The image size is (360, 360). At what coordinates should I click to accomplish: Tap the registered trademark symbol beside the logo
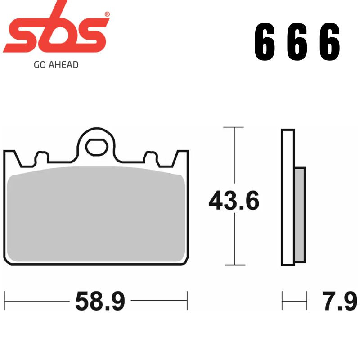(107, 14)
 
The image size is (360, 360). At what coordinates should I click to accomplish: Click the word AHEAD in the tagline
(63, 65)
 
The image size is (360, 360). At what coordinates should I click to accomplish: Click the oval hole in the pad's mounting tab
(95, 147)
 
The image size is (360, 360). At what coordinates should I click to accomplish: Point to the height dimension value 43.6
(234, 201)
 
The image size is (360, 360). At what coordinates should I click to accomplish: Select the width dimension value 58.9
(99, 301)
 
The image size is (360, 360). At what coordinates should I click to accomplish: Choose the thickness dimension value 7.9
(339, 301)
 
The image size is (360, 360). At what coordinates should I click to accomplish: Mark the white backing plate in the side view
(288, 198)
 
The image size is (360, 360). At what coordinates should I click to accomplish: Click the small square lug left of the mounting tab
(41, 158)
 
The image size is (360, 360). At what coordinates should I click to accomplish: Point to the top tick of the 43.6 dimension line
(234, 128)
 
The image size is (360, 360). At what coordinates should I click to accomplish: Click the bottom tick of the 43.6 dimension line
(234, 265)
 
